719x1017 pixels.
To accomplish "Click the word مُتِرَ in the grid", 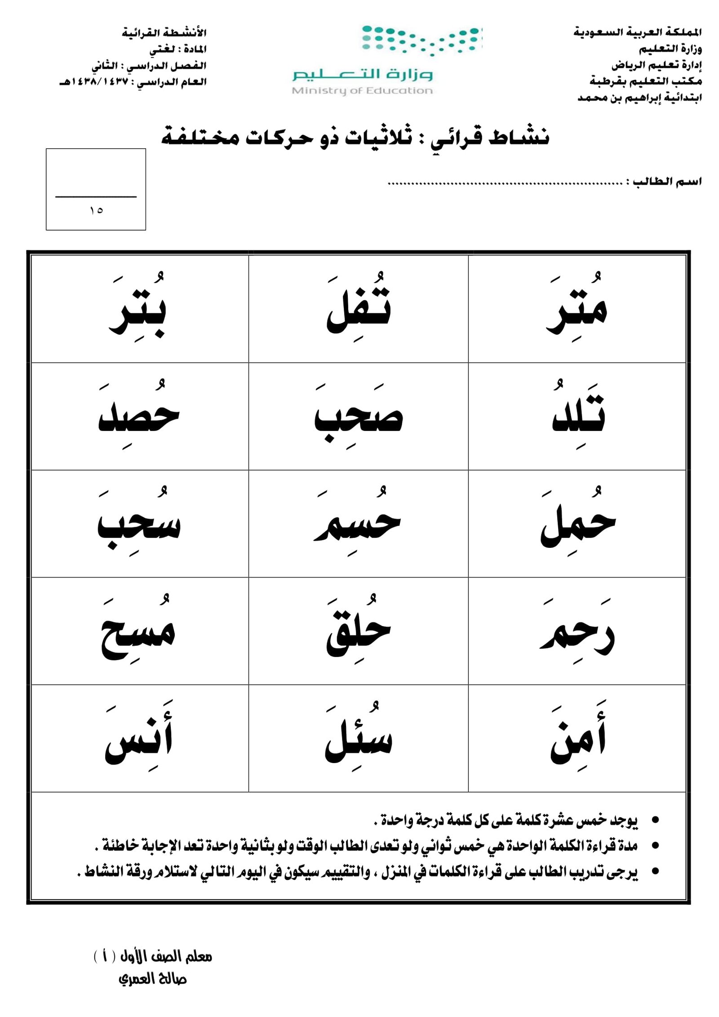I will click(577, 309).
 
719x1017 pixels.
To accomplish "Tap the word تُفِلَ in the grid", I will click(359, 309).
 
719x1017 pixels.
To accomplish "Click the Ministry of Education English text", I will click(362, 91).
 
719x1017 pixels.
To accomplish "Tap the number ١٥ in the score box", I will click(96, 210).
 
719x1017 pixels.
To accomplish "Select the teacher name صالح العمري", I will click(153, 979).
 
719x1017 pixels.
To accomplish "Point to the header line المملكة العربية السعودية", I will click(637, 32).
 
